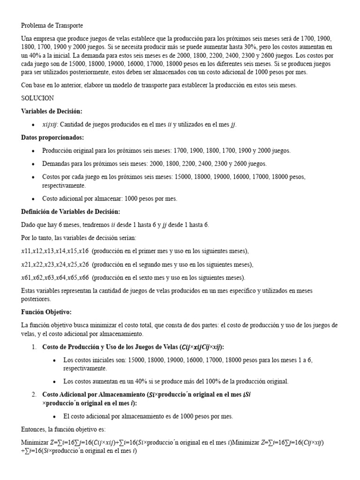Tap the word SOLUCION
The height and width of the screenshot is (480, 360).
[37, 98]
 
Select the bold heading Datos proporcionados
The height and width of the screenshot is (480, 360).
[52, 137]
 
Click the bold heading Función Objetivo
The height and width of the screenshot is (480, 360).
[46, 312]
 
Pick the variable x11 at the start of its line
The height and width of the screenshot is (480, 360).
[26, 251]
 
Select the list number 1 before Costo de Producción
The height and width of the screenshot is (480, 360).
[34, 347]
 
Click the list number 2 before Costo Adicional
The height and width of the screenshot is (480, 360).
[34, 394]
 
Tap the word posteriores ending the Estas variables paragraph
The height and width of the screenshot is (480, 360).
[36, 299]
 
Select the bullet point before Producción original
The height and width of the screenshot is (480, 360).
[32, 150]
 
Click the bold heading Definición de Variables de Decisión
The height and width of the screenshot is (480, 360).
[70, 211]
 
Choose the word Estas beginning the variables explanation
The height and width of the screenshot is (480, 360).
[29, 291]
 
